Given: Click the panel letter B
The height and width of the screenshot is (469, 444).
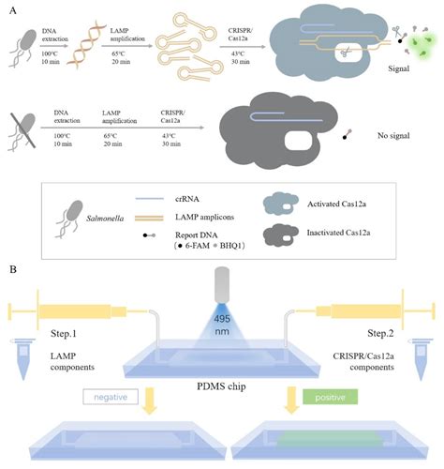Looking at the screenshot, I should (x=9, y=268).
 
